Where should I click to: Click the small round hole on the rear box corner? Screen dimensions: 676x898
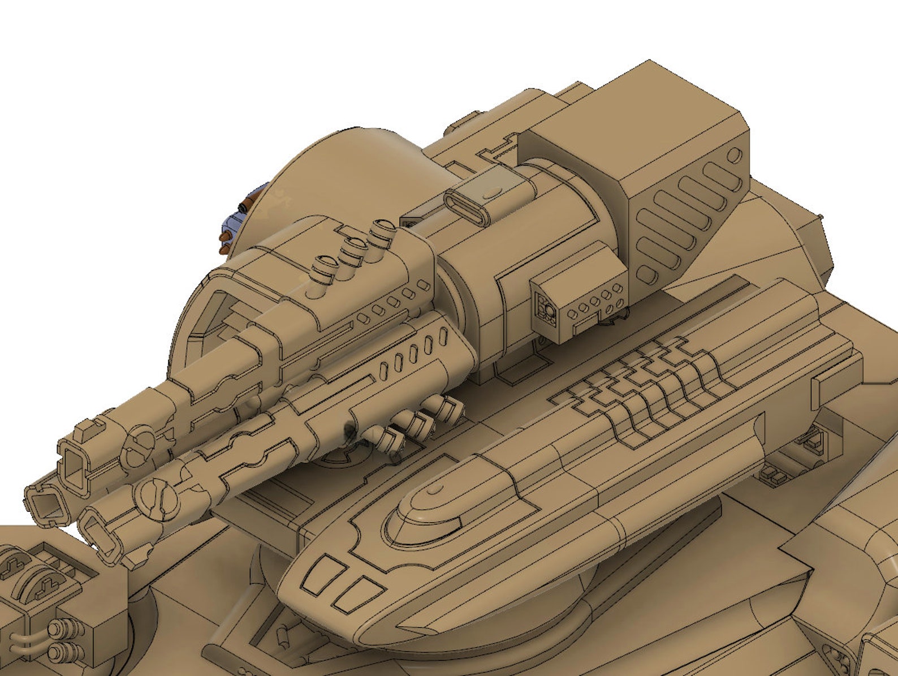[x=736, y=154]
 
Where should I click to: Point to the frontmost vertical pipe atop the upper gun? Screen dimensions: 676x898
[x=326, y=266]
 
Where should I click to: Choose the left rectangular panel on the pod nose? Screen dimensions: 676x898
[x=320, y=575]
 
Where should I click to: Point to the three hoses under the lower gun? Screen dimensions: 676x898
[x=413, y=424]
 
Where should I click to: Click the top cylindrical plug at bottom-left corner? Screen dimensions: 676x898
[x=62, y=628]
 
